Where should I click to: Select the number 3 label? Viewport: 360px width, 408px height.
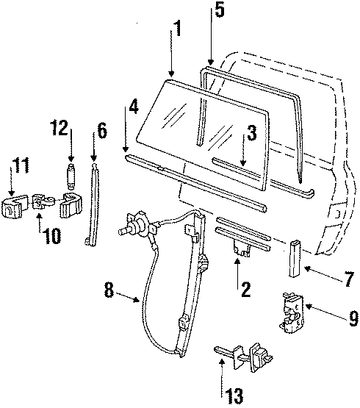click(x=251, y=134)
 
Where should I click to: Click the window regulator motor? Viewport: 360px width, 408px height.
click(x=137, y=225)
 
